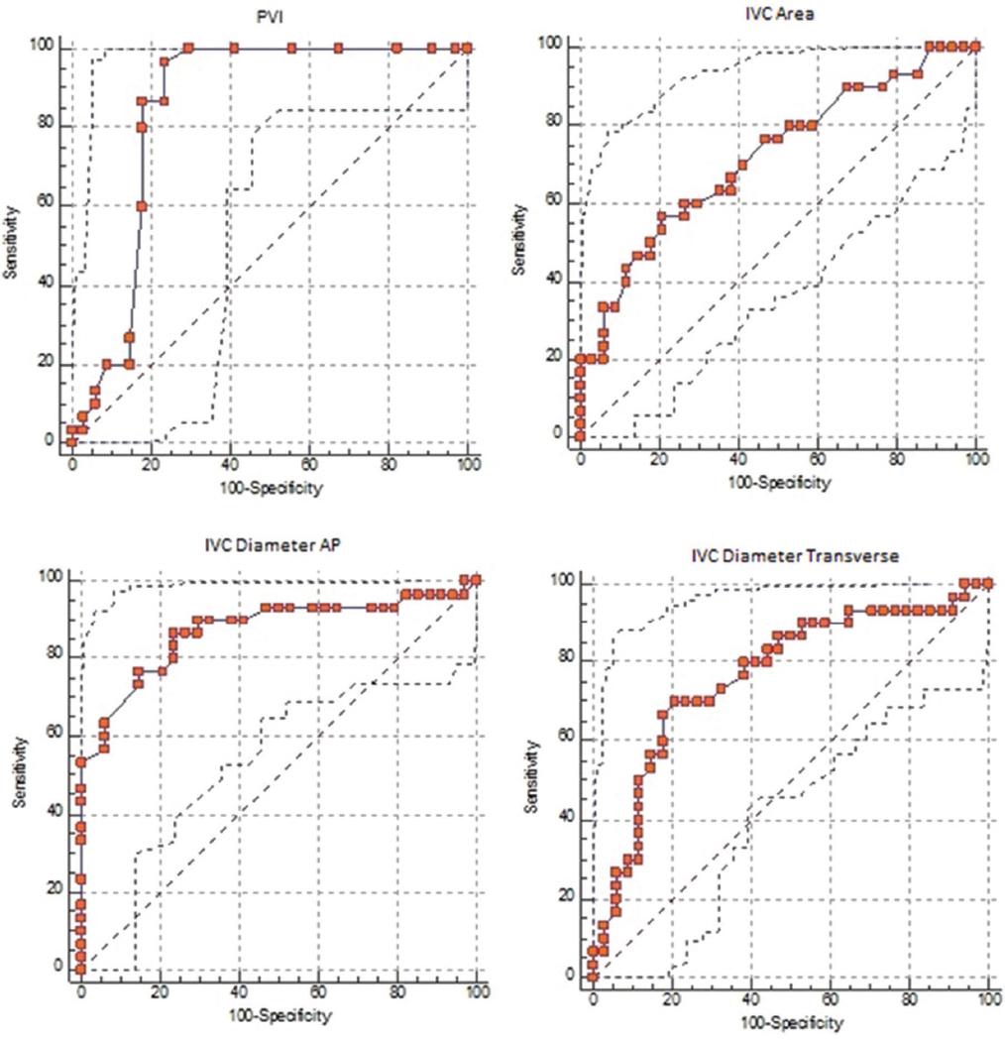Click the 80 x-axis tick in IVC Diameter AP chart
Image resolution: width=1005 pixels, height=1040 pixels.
pyautogui.click(x=397, y=993)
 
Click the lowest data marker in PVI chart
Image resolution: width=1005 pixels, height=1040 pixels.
pyautogui.click(x=71, y=440)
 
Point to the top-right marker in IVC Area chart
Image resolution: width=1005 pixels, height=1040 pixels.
pyautogui.click(x=975, y=47)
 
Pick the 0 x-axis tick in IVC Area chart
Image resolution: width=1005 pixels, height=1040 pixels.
pyautogui.click(x=581, y=460)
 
